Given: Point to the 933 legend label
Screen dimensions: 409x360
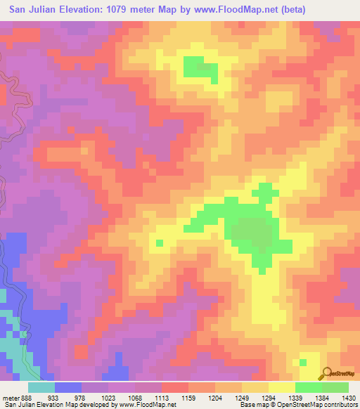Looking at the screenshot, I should [x=53, y=398].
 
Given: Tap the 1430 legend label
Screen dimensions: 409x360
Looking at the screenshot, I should [x=347, y=398].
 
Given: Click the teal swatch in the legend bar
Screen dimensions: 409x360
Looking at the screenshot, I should [x=41, y=387].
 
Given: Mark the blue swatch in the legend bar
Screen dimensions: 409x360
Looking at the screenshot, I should [x=68, y=387].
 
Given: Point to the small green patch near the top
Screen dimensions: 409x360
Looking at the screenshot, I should [x=200, y=67].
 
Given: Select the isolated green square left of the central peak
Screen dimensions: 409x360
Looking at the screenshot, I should [x=159, y=243].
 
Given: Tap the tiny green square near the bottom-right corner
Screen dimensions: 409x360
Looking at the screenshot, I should [x=302, y=363].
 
